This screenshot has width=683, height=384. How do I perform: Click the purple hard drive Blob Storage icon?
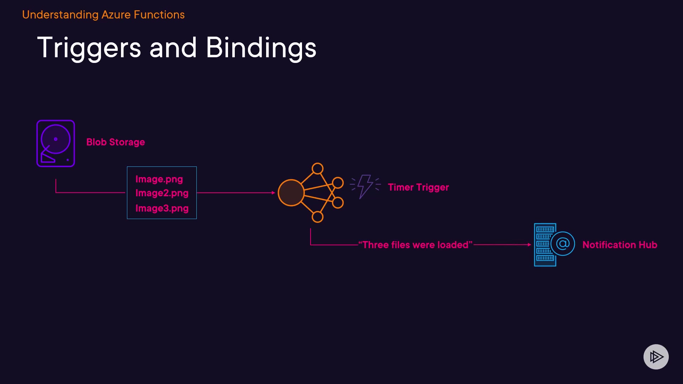pyautogui.click(x=55, y=143)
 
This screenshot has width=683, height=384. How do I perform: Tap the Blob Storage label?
pyautogui.click(x=116, y=142)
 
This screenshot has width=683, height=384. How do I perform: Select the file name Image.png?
pyautogui.click(x=159, y=179)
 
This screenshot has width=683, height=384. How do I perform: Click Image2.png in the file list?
pyautogui.click(x=162, y=193)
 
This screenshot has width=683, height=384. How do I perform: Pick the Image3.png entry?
pyautogui.click(x=162, y=208)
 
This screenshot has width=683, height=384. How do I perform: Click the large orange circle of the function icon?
pyautogui.click(x=291, y=193)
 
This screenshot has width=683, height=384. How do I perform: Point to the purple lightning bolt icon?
pyautogui.click(x=365, y=186)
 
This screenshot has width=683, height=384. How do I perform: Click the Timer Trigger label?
pyautogui.click(x=418, y=187)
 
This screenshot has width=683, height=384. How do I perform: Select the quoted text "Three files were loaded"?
pyautogui.click(x=415, y=245)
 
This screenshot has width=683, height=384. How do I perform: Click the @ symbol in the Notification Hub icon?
pyautogui.click(x=563, y=244)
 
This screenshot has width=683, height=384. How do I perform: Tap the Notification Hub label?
pyautogui.click(x=620, y=245)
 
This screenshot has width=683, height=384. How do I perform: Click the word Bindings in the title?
pyautogui.click(x=261, y=48)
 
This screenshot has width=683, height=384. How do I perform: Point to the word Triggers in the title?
pyautogui.click(x=89, y=48)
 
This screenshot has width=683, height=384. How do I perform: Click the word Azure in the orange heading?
pyautogui.click(x=116, y=15)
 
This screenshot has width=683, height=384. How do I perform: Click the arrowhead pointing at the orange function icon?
pyautogui.click(x=273, y=193)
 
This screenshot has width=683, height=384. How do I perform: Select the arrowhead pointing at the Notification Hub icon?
pyautogui.click(x=529, y=245)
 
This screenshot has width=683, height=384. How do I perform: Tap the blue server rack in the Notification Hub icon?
pyautogui.click(x=544, y=245)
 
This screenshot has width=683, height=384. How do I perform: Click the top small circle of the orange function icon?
pyautogui.click(x=317, y=168)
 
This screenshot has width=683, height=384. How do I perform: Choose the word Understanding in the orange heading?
pyautogui.click(x=60, y=15)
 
